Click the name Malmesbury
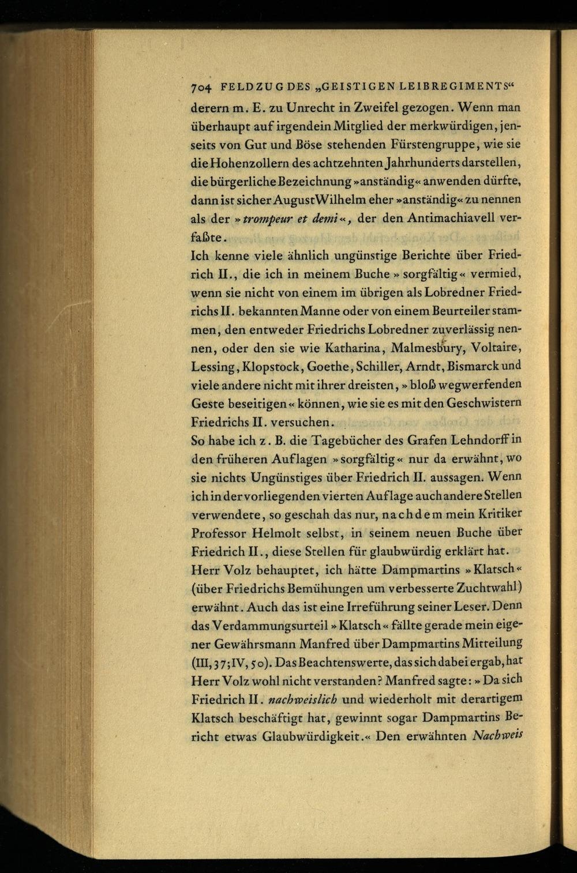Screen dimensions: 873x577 coord(428,349)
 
